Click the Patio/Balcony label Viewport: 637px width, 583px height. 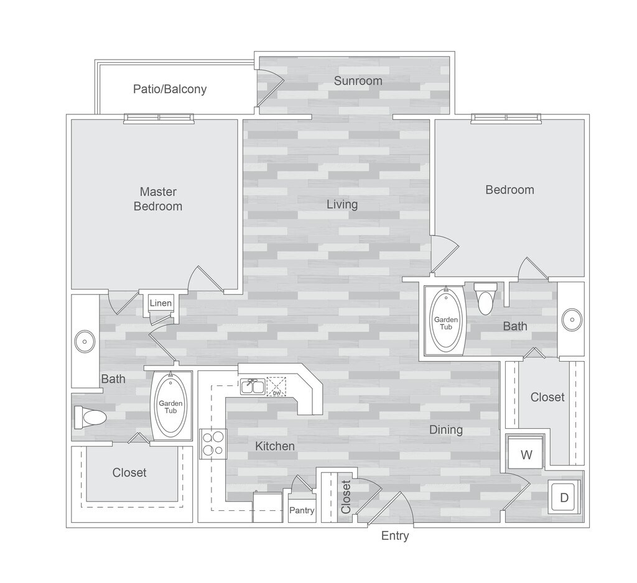(170, 89)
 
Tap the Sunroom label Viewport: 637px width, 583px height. (358, 81)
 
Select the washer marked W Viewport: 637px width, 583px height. (526, 454)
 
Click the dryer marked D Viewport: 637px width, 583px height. (564, 497)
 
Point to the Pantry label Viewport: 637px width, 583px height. (302, 511)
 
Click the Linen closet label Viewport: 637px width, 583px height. (160, 303)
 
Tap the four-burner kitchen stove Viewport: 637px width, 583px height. (213, 444)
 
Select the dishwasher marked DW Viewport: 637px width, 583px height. (276, 387)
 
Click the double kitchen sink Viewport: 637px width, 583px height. (253, 387)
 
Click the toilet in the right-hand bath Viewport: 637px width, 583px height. (485, 298)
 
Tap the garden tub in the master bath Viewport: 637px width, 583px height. (170, 407)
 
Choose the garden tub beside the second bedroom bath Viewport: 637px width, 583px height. (445, 319)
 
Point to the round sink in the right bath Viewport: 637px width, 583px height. (570, 320)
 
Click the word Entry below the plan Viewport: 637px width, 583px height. (395, 536)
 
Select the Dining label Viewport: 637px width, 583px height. (445, 429)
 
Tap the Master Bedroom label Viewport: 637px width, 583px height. (158, 199)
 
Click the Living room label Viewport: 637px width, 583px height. (342, 204)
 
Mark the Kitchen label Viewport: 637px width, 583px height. (274, 446)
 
